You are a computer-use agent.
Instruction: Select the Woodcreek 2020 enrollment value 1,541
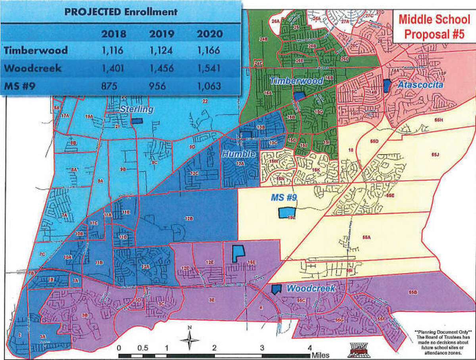[x=209, y=68]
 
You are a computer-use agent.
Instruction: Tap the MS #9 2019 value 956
[x=161, y=86]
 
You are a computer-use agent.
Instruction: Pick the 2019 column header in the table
[x=161, y=33]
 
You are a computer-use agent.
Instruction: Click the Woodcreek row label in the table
[x=33, y=68]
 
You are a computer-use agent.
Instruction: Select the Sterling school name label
[x=137, y=109]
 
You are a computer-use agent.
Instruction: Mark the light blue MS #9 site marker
[x=284, y=213]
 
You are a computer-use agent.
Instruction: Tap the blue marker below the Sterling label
[x=137, y=121]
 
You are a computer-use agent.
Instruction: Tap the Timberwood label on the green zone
[x=296, y=81]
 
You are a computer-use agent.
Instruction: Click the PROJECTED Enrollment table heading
[x=121, y=11]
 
